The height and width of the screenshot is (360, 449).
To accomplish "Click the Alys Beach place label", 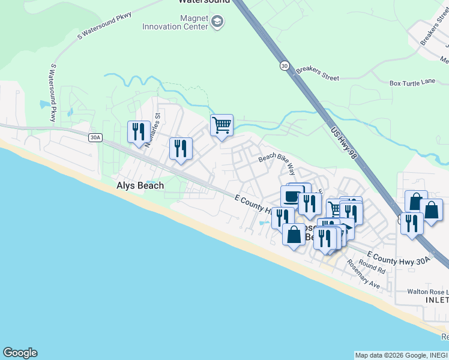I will pos(140,186).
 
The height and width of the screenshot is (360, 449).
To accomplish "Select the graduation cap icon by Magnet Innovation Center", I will pos(217,23).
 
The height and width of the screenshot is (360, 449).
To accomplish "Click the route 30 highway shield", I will pos(284,65).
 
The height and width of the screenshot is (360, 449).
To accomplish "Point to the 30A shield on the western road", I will pos(95,137).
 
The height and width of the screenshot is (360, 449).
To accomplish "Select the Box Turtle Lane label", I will pos(412,83).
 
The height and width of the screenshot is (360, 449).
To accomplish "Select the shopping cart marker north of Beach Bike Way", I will pos(221,125).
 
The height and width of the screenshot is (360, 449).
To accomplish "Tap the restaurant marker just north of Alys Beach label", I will pos(181,148).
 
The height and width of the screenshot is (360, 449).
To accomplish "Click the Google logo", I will pos(20,353).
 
